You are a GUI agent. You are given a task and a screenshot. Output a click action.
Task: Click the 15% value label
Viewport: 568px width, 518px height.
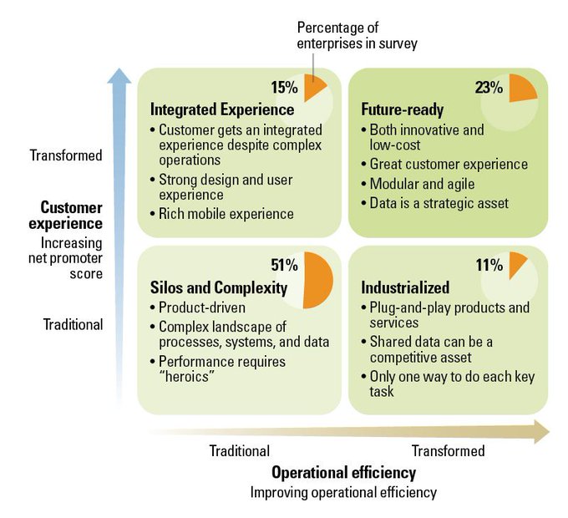coord(284,88)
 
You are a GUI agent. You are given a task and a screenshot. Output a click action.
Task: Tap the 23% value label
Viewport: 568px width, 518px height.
coord(489,88)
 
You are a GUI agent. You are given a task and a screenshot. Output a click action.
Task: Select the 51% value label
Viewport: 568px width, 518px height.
coord(284,265)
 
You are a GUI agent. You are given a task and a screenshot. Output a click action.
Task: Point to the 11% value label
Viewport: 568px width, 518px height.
coord(489,265)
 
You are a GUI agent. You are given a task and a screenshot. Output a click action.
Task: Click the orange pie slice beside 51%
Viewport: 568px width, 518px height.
coord(317,280)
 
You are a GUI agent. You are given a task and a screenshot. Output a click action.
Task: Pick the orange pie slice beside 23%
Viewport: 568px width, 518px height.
coord(520,89)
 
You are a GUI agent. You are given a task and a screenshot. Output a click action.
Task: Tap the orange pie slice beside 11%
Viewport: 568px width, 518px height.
coord(516,262)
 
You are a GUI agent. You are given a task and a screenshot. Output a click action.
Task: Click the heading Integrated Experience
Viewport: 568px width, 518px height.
coord(222,109)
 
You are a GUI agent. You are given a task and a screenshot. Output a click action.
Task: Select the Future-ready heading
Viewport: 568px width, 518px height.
coord(402,109)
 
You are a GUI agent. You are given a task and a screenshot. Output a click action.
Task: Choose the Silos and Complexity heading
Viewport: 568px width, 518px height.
coord(219,287)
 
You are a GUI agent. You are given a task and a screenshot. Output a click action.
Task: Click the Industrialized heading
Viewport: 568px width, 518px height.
coord(405,287)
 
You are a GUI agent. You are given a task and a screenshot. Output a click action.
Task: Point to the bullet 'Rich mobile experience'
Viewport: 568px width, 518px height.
coord(222,214)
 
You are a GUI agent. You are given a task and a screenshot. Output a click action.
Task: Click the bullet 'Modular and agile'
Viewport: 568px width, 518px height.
coord(418,184)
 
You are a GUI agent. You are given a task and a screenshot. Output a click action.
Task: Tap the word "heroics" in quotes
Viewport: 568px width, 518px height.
coord(186,377)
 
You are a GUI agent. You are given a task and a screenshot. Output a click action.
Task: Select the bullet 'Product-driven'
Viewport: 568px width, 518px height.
coord(198,307)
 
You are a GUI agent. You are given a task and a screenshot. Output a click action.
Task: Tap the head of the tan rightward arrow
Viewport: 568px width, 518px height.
coord(542,432)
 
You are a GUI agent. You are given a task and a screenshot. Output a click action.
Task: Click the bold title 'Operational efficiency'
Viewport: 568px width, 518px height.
coord(344,473)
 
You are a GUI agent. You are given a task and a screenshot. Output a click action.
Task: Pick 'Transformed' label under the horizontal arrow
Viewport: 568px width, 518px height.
coord(448,451)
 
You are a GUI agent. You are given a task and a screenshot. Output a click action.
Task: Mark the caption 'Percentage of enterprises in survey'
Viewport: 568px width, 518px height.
coord(358,35)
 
